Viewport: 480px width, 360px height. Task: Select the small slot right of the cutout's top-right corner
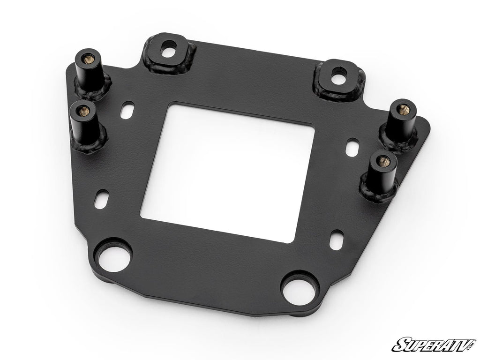point(351,147)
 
